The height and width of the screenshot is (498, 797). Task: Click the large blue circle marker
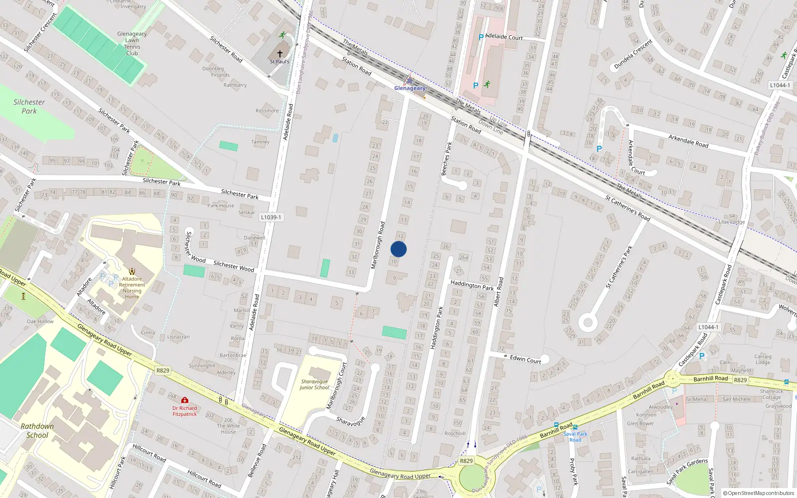[x=398, y=249]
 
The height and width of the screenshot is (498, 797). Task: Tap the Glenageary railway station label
[x=409, y=88]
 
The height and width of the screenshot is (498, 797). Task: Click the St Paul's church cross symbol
[x=280, y=53]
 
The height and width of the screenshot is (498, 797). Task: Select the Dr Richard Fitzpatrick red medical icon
[x=185, y=400]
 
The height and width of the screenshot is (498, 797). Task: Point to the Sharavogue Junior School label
[x=314, y=384]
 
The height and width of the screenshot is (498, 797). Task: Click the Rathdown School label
[x=37, y=431]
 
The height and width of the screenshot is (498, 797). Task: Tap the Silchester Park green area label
[x=29, y=106]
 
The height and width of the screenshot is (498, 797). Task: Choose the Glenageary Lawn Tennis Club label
[x=132, y=43]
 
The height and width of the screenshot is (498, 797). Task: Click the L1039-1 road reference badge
[x=271, y=217]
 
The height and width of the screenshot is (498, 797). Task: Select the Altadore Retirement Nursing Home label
[x=132, y=288]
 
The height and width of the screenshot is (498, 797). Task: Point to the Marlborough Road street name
[x=378, y=246]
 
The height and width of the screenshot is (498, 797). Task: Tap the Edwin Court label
[x=525, y=359]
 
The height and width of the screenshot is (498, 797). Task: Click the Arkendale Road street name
[x=688, y=141]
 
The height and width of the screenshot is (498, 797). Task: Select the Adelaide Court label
[x=504, y=37]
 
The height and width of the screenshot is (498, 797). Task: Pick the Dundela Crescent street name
[x=633, y=54]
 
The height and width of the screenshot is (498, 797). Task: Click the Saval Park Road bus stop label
[x=575, y=437]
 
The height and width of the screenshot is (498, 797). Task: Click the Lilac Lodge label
[x=732, y=222]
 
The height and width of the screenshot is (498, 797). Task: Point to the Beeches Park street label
[x=446, y=159]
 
